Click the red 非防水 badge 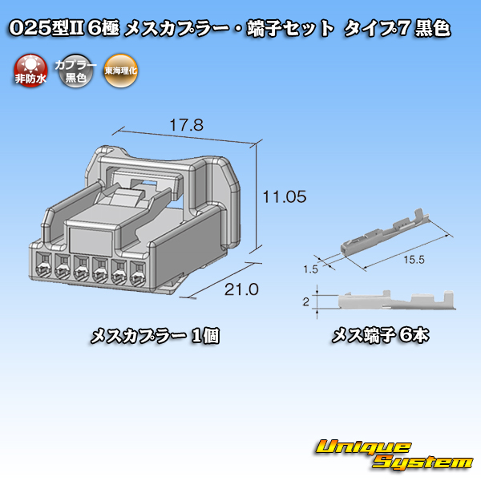30,71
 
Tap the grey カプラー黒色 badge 75,71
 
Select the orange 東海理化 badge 120,71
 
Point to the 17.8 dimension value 187,125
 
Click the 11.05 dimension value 285,196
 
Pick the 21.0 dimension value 241,289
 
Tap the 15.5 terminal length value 414,260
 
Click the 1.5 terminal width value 310,269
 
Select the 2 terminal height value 306,302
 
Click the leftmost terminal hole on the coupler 43,265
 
